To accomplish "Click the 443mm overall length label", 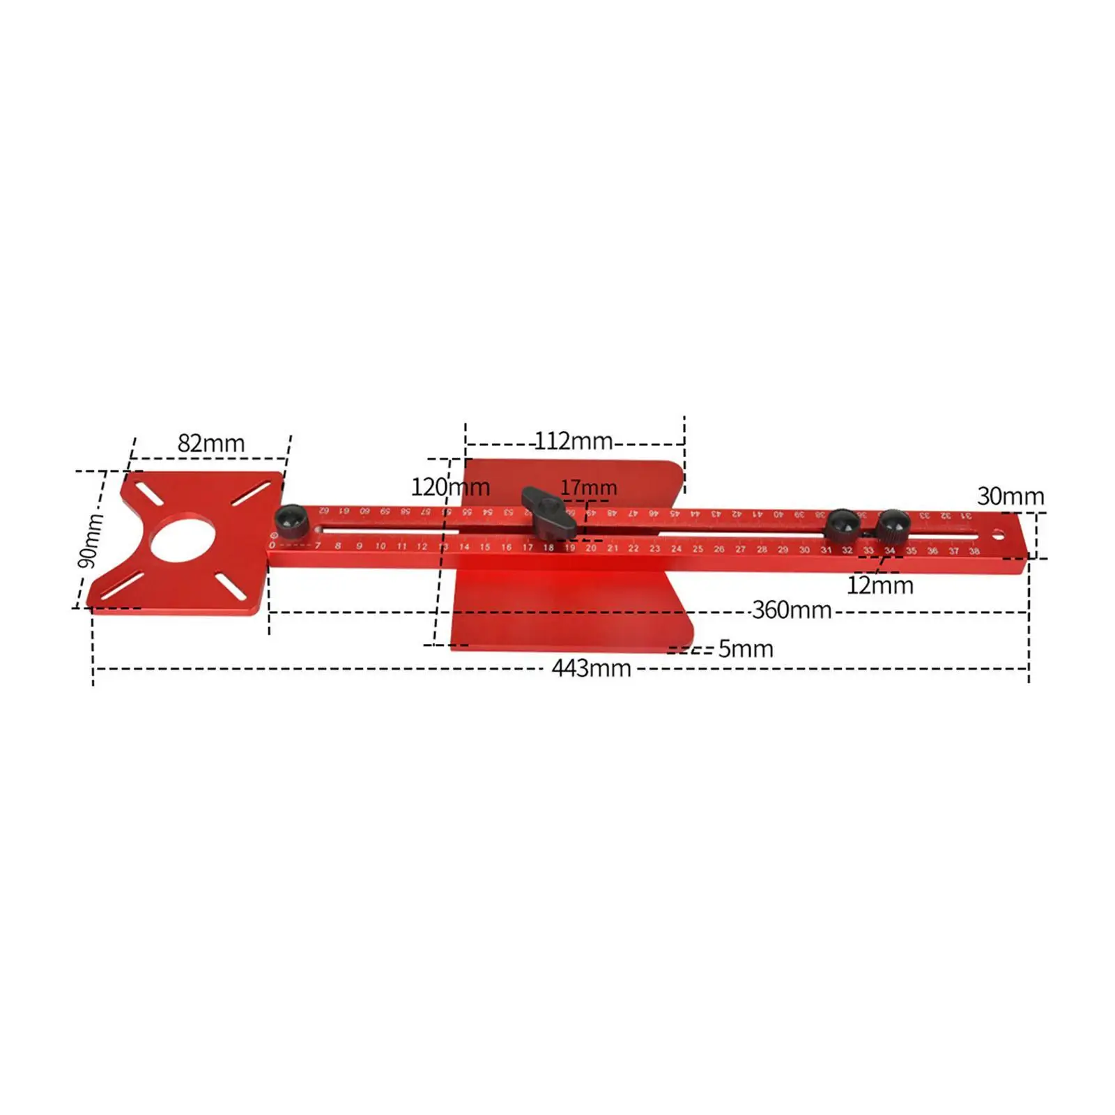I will tap(591, 669).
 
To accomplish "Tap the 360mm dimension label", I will tap(792, 610).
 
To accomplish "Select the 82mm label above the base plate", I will tap(211, 443).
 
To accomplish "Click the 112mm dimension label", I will tap(574, 441).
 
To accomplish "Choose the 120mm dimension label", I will tap(450, 487).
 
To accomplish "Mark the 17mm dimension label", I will tap(588, 488).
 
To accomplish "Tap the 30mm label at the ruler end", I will tap(1010, 497).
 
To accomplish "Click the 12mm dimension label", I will tap(879, 585).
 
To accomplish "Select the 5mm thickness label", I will tap(746, 649).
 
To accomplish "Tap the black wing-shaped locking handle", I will tap(549, 513).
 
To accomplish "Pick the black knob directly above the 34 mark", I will tap(893, 525).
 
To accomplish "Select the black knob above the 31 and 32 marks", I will tap(841, 524).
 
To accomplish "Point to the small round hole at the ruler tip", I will tap(999, 537).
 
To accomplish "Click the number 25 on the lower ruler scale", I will tap(698, 549).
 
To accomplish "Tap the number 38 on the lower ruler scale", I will tap(974, 551).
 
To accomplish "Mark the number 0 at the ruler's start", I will tap(272, 545).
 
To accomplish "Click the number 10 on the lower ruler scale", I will tap(380, 546).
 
